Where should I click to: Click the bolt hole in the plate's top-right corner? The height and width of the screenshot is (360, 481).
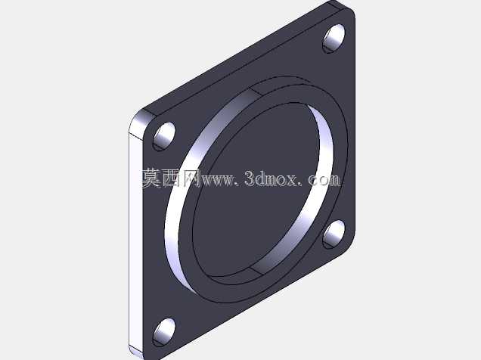pyautogui.click(x=334, y=38)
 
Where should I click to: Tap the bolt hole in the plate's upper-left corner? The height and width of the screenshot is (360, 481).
pyautogui.click(x=164, y=136)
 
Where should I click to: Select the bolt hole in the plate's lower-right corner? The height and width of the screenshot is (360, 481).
pyautogui.click(x=334, y=234)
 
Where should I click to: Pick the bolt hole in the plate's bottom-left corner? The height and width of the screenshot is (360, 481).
pyautogui.click(x=164, y=332)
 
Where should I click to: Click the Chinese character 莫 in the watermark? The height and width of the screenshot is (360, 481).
pyautogui.click(x=152, y=178)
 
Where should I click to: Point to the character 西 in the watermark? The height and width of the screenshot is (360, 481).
pyautogui.click(x=172, y=178)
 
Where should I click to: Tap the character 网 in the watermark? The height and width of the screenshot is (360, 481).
pyautogui.click(x=191, y=178)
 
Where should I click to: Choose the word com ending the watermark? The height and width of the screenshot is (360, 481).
pyautogui.click(x=324, y=180)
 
